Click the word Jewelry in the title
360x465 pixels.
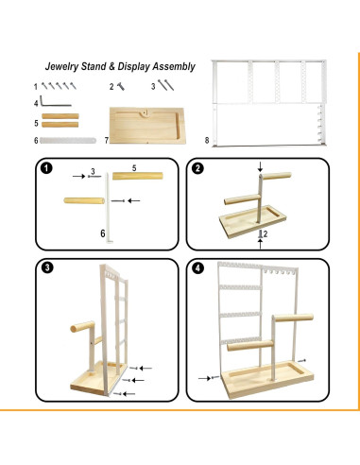click(x=61, y=66)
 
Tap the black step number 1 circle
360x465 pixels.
click(x=46, y=168)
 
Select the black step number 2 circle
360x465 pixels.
click(x=197, y=168)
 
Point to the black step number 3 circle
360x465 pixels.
click(x=47, y=267)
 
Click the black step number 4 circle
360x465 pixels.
click(x=197, y=268)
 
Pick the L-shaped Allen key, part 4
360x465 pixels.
click(x=56, y=101)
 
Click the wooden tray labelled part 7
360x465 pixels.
click(x=146, y=126)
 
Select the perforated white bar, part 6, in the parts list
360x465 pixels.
click(x=68, y=140)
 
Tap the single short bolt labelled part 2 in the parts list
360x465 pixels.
click(x=121, y=86)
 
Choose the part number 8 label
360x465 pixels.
click(x=207, y=140)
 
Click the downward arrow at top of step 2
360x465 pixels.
click(x=260, y=167)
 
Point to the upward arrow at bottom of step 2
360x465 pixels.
click(x=260, y=244)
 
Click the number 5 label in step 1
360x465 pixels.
click(x=134, y=168)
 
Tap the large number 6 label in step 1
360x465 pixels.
click(x=103, y=233)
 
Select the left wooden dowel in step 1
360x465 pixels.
click(x=84, y=200)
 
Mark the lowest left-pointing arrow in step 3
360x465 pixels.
click(x=129, y=393)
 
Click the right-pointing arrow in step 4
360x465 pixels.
click(x=204, y=378)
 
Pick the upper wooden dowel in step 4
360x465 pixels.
click(x=293, y=318)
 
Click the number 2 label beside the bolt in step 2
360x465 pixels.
click(x=266, y=233)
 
